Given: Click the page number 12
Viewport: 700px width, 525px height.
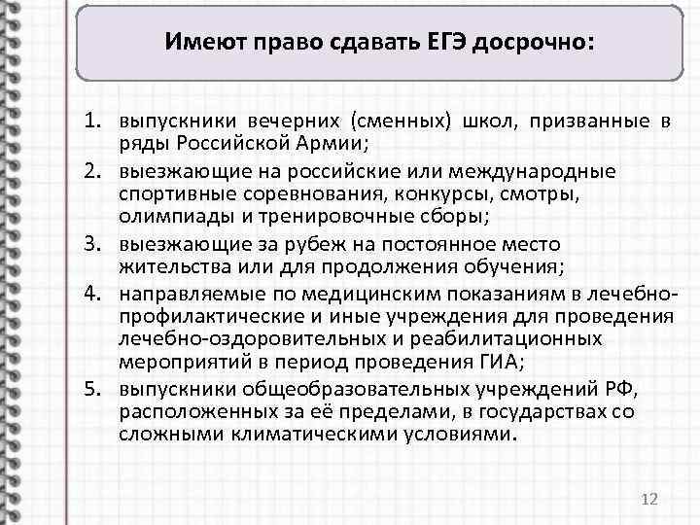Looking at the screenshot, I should pyautogui.click(x=650, y=499).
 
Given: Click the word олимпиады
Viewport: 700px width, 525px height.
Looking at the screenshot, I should pyautogui.click(x=166, y=218).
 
